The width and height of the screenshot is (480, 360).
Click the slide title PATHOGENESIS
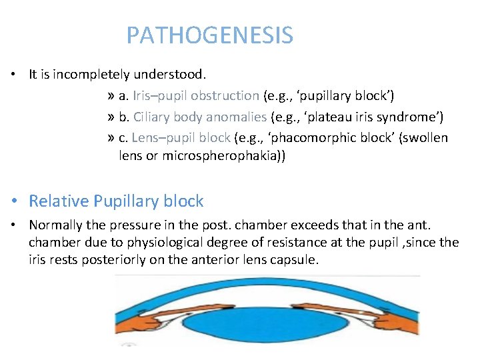209,35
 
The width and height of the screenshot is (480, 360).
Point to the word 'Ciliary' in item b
151,117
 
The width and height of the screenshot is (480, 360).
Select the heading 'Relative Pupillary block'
116,201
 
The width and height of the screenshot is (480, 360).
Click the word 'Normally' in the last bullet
55,226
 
